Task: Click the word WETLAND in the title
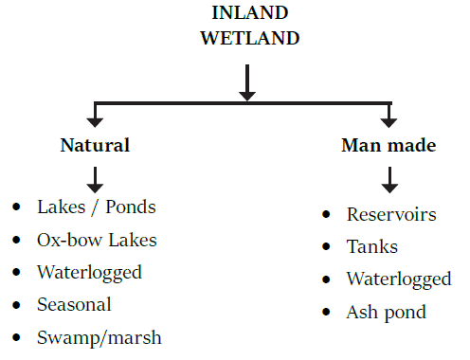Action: pos(246,39)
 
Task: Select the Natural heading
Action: pos(95,146)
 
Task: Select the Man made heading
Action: pos(389,146)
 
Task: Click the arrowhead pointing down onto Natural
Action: pos(95,120)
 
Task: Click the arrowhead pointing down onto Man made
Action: pos(389,120)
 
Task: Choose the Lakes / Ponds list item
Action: pos(96,207)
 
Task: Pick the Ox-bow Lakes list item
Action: pos(98,240)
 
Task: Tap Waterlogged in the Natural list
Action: pos(89,272)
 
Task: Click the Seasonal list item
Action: pos(74,304)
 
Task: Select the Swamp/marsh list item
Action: pos(99,337)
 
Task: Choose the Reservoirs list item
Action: pos(391,214)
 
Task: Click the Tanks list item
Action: pos(371,246)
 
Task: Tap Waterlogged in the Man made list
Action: pos(398,279)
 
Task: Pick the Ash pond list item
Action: pos(386,312)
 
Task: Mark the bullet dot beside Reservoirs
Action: pos(326,214)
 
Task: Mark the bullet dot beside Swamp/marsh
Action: pos(16,337)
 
